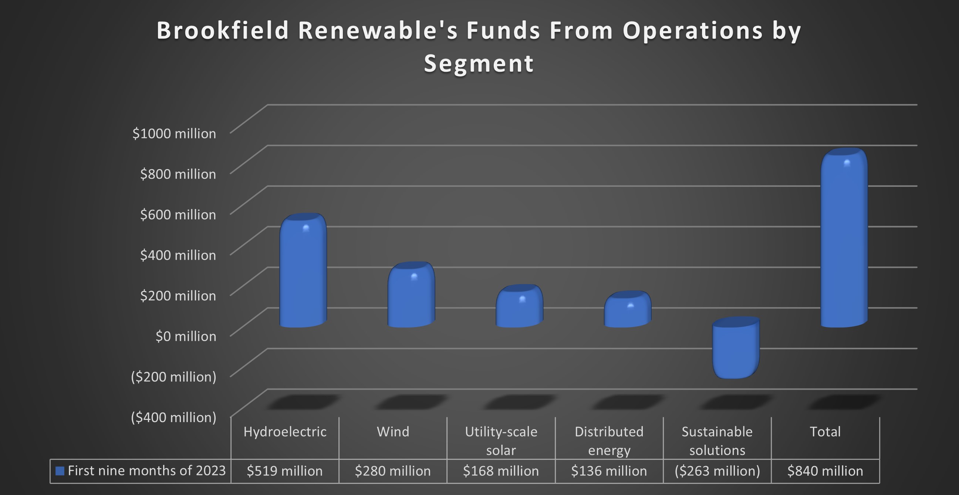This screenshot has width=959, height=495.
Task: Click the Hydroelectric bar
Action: pos(303,272)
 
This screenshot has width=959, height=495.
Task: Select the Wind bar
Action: pos(411,296)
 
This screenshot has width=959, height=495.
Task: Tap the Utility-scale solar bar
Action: pos(519,307)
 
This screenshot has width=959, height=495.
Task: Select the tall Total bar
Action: pos(844,238)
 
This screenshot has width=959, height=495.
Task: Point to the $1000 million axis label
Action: pos(174,133)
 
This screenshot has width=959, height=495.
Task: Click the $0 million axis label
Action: pos(186,336)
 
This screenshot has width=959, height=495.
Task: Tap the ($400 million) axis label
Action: pos(173,418)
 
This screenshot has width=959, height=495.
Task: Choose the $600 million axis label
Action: pos(178,215)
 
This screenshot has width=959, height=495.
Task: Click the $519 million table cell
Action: pos(285,471)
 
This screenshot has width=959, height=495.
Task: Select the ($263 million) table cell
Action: pos(717,471)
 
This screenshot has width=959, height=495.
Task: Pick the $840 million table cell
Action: pos(825,471)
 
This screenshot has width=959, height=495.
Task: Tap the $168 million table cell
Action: pos(501,471)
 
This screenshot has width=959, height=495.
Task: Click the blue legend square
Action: pos(60,471)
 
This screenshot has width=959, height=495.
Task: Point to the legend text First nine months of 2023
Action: pos(147,471)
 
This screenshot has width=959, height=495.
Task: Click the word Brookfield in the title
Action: pos(223,31)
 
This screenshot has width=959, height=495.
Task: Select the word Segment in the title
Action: pos(479,63)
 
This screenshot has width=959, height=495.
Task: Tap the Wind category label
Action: pos(393,432)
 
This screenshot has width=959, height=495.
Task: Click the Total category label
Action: pos(825,432)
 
